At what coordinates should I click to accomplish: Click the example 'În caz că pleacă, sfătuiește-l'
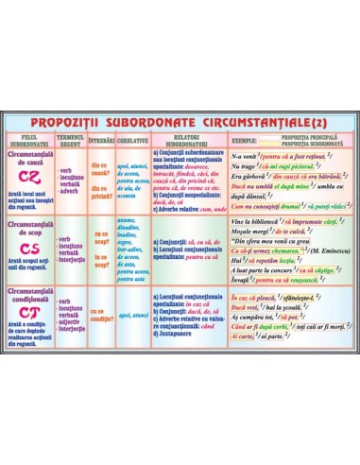click(274, 297)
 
